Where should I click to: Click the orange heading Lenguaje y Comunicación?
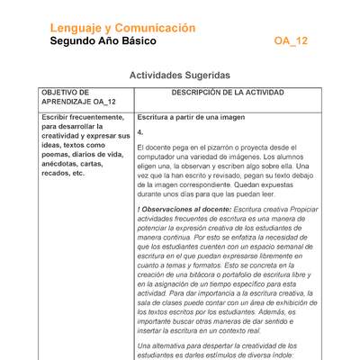[122, 28]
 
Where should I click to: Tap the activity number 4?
[139, 131]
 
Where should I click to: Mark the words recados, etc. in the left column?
[63, 173]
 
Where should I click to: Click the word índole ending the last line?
[279, 355]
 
